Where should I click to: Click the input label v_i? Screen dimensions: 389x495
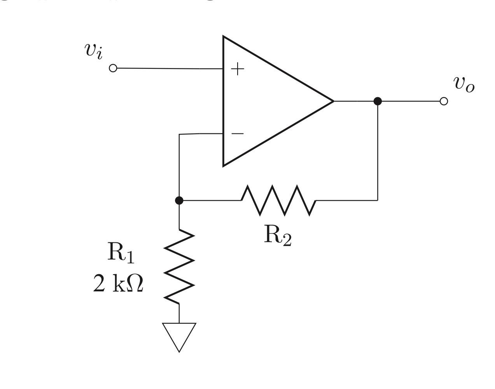point(94,51)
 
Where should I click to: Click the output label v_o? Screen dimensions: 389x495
point(464,84)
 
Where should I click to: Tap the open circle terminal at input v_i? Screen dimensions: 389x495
point(113,68)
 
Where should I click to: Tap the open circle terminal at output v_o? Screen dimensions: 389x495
point(444,101)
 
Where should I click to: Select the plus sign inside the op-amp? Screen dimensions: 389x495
point(238,69)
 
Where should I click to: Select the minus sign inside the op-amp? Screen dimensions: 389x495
point(237,134)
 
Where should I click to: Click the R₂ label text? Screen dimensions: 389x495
point(277,236)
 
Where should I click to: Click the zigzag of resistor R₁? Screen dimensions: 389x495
point(179,267)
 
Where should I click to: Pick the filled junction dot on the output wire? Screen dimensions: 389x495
point(377,101)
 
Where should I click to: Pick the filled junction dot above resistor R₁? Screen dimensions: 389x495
point(179,200)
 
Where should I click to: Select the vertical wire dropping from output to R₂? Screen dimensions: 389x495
point(378,152)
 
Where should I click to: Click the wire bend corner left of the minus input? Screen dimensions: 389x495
point(179,135)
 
